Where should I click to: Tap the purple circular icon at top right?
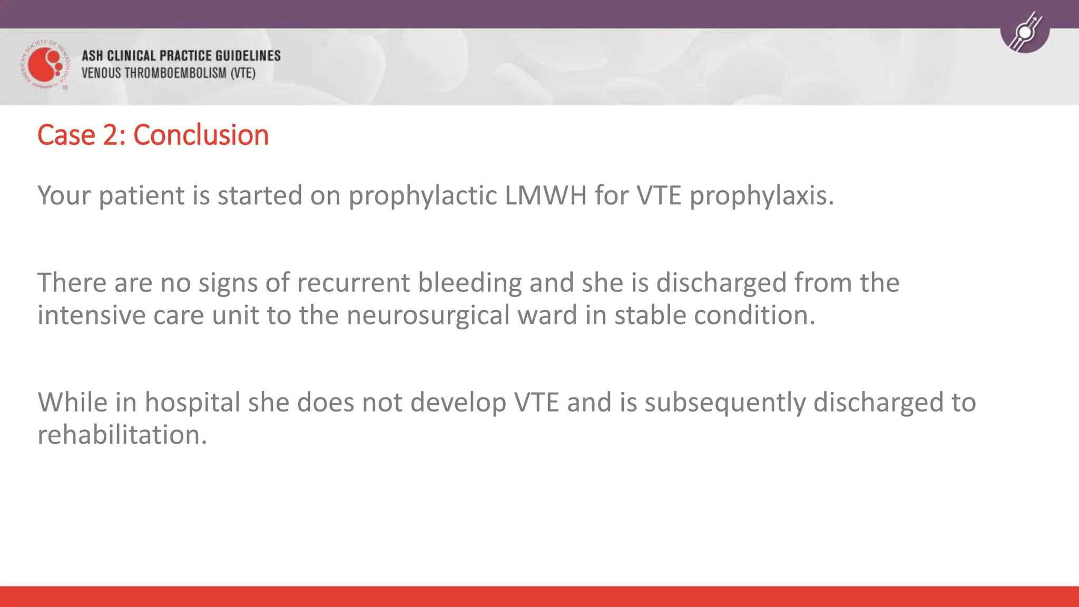coord(1025,32)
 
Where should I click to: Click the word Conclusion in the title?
coord(201,135)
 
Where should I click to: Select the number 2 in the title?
coord(111,135)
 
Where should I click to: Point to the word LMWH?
coord(546,195)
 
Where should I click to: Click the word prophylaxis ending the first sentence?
coord(761,196)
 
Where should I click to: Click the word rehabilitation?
coord(122,435)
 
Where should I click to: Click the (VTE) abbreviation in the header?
coord(243,73)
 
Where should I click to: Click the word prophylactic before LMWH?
coord(423,196)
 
